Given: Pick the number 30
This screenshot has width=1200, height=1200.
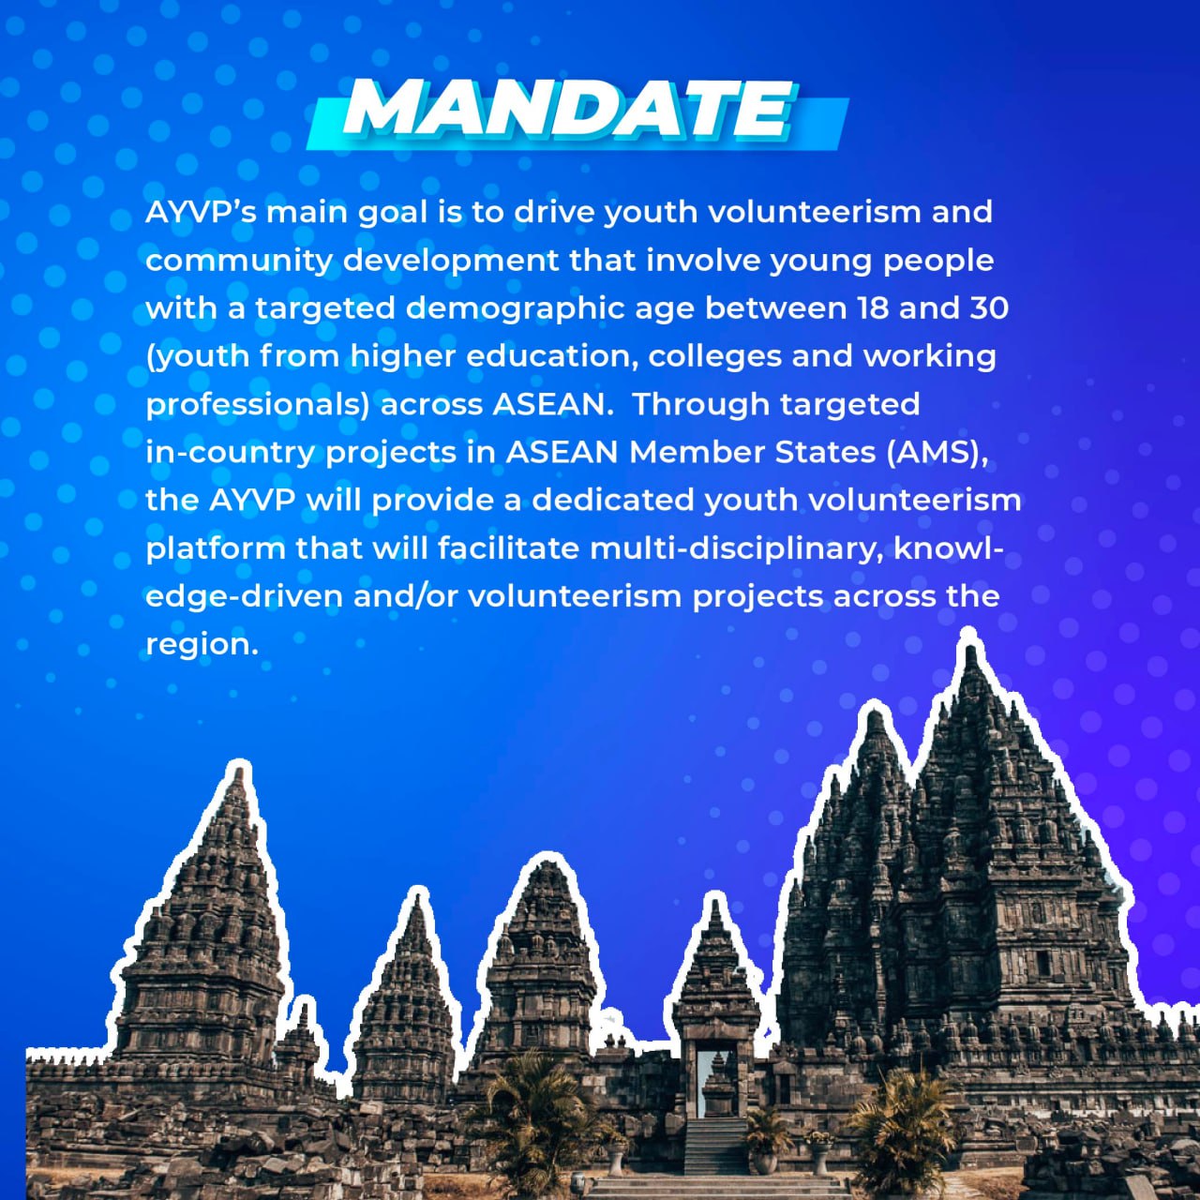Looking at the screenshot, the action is click(x=989, y=308).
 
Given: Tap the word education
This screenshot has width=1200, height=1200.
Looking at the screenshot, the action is click(x=552, y=357).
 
